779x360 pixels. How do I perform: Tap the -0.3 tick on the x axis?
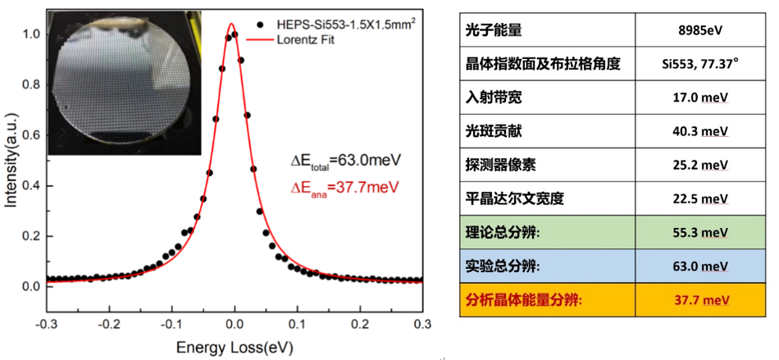tap(48, 323)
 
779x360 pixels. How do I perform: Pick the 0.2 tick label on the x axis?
tap(359, 323)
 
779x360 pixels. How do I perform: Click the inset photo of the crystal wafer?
tap(125, 83)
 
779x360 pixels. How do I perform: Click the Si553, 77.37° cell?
tap(697, 65)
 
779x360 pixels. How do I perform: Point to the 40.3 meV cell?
tap(697, 132)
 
